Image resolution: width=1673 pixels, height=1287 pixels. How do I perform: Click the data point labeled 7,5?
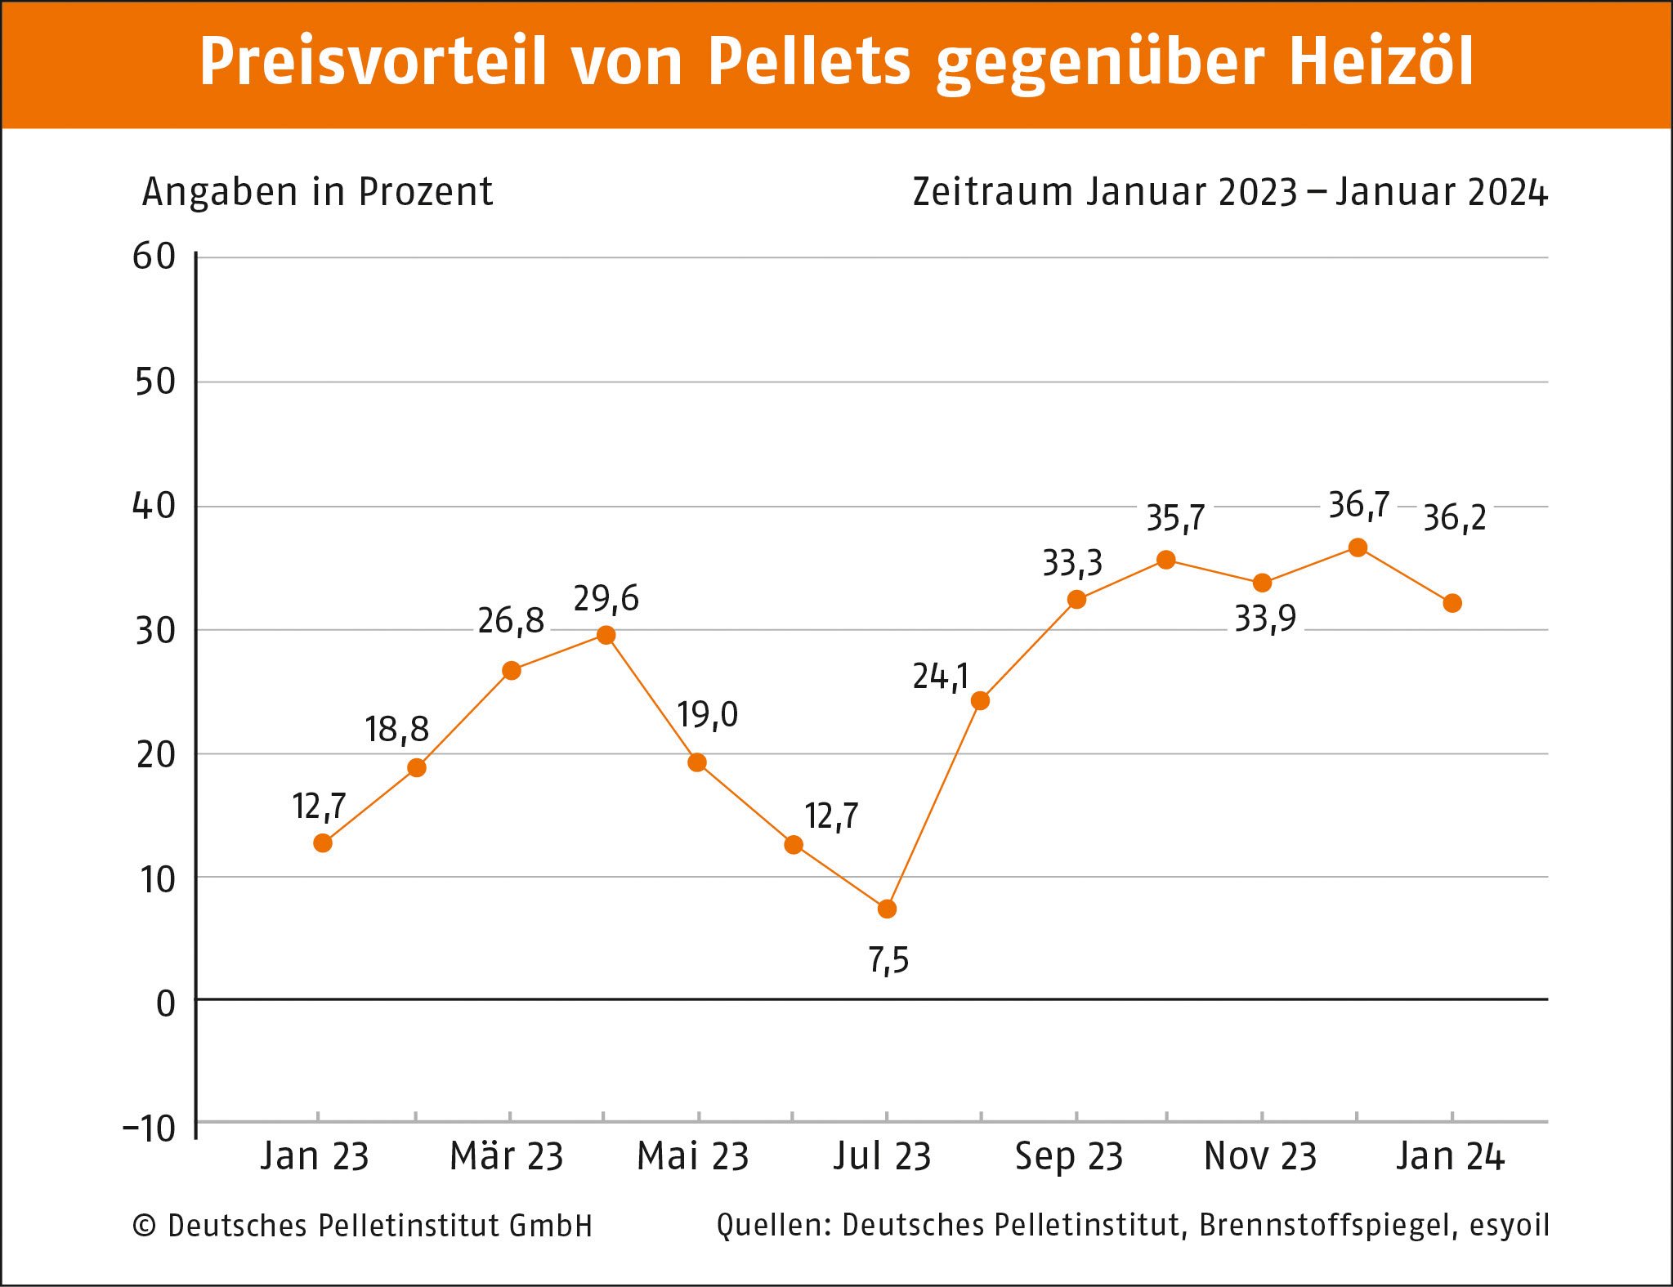point(887,909)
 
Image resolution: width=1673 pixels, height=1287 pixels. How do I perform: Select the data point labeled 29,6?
point(606,635)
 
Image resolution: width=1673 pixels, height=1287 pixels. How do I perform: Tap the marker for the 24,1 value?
point(980,700)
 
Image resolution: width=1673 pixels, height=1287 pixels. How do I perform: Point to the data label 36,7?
point(1358,505)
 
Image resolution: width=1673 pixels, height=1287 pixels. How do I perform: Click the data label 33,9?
point(1264,619)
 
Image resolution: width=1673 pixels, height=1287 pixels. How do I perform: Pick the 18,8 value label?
point(396,729)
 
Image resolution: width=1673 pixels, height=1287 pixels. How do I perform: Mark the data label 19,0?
point(707,715)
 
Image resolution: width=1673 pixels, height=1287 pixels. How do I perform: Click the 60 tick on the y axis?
point(154,257)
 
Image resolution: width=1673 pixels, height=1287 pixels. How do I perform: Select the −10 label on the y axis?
point(150,1128)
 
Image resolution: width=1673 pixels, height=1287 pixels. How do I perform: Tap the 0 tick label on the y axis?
point(166,1003)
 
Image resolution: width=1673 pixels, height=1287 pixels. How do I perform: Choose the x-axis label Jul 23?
point(883,1156)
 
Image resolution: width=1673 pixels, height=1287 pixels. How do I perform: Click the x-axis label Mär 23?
point(507,1156)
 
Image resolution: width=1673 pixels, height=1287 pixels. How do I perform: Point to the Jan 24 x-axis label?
point(1450,1156)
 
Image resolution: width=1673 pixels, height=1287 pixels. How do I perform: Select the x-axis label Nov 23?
point(1260,1156)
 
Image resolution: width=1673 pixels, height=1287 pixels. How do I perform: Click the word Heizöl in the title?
point(1380,61)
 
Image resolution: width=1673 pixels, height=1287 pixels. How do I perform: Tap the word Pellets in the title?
point(809,61)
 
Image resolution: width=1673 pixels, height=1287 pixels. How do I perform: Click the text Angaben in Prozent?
point(317,192)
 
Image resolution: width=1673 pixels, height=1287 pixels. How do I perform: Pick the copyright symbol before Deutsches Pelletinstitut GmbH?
point(145,1226)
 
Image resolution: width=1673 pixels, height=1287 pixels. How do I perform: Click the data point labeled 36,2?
point(1452,603)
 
